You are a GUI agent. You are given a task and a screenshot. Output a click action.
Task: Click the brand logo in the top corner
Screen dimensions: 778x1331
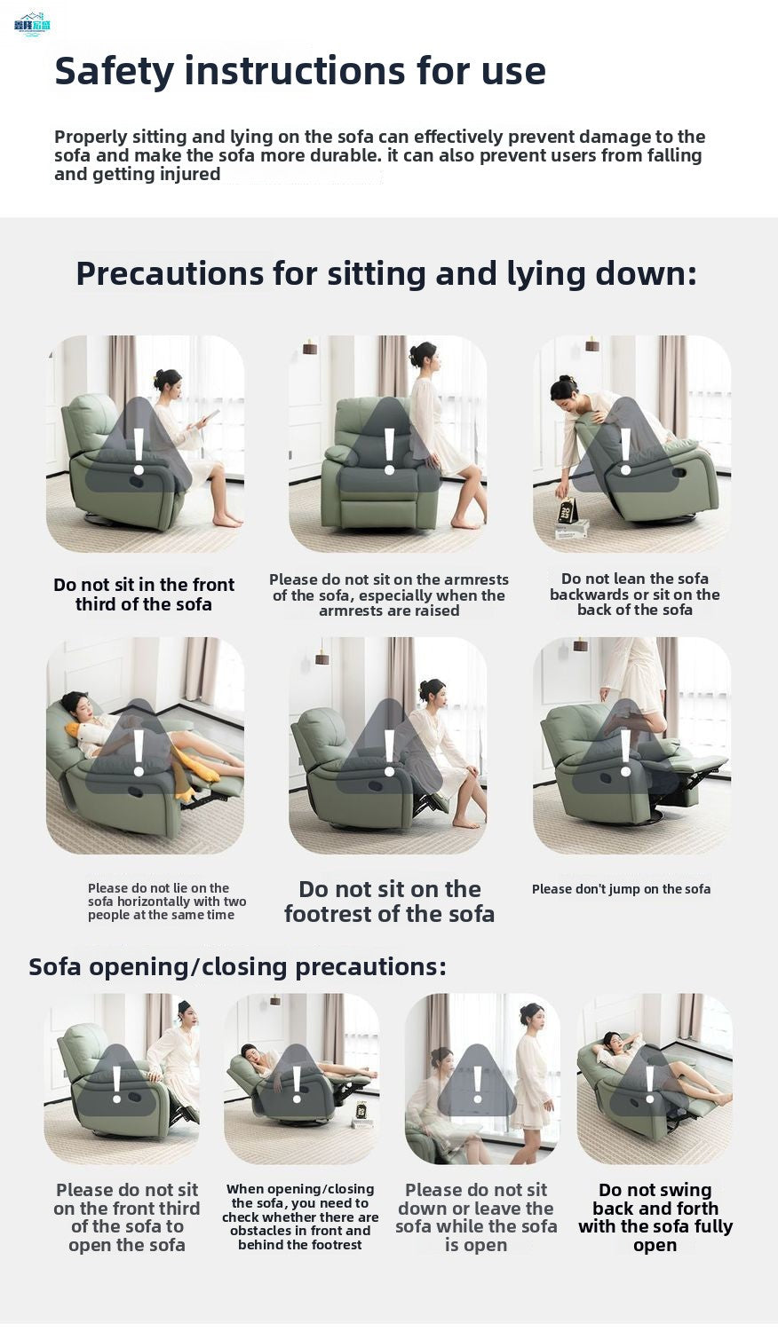[x=32, y=24]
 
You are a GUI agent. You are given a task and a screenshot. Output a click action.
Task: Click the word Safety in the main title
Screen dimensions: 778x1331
[x=115, y=72]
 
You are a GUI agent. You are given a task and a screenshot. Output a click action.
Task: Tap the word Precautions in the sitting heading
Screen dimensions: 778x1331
[x=170, y=274]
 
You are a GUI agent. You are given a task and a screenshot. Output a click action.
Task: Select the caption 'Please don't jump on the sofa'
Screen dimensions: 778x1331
[x=621, y=889]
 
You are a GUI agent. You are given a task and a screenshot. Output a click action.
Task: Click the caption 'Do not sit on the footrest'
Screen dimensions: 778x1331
[x=389, y=902]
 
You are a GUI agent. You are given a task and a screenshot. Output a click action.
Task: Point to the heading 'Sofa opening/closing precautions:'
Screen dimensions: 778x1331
[x=237, y=967]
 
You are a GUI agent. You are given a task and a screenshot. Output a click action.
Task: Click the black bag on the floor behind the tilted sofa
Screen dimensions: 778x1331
[x=568, y=512]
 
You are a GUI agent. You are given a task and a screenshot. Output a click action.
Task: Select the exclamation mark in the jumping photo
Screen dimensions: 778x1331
[x=626, y=753]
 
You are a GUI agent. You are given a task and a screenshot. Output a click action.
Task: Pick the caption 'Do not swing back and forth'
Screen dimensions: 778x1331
[x=655, y=1217]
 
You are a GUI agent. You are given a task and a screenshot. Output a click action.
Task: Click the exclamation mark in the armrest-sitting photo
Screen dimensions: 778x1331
[x=390, y=452]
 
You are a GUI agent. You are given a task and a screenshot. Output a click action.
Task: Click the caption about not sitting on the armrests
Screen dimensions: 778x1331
[x=389, y=595]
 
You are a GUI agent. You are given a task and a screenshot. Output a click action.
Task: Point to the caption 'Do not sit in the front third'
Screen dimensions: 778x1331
[x=144, y=595]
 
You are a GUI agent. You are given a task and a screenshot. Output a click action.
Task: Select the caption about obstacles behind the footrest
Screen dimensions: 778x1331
[x=300, y=1217]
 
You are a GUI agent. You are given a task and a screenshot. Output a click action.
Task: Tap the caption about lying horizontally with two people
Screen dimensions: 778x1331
[x=167, y=902]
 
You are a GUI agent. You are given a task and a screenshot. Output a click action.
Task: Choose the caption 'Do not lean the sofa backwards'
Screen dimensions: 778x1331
[x=635, y=595]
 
